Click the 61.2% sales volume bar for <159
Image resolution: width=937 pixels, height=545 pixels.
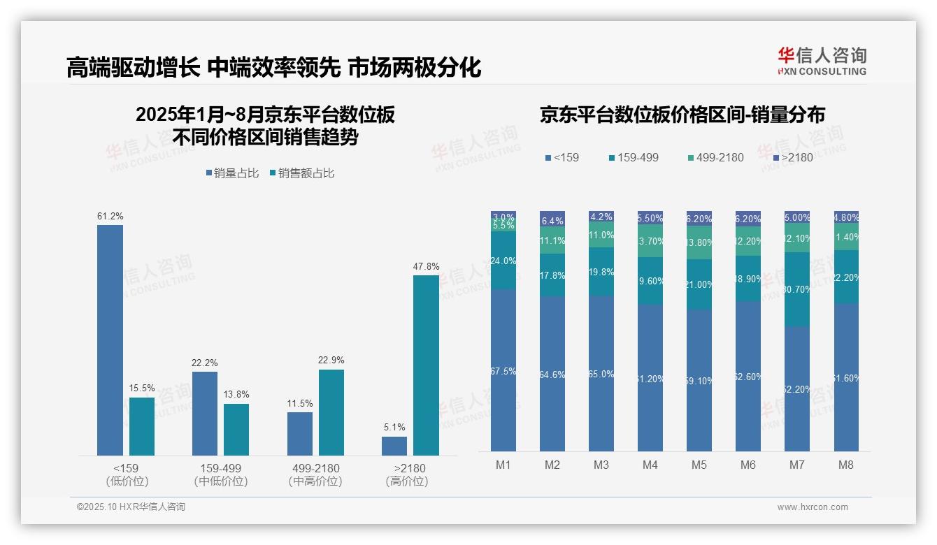pos(110,340)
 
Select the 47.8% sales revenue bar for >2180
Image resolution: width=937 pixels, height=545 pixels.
pos(426,365)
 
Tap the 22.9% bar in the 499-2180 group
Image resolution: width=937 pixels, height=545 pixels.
pos(331,412)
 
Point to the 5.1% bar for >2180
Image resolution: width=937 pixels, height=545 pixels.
pos(394,446)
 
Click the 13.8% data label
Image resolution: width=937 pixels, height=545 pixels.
pos(236,395)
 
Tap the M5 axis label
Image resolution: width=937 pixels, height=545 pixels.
pos(699,465)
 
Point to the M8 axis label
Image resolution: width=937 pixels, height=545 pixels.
pos(845,465)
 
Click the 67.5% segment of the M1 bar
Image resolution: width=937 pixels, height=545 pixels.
pos(503,370)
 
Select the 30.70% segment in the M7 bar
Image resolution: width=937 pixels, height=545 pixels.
pos(797,289)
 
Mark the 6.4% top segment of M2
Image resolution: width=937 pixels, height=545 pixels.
pos(552,219)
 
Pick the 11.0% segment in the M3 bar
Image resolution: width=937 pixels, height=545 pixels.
pos(601,235)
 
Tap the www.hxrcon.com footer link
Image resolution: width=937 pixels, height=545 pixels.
pos(813,507)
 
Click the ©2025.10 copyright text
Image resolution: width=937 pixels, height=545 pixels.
pos(131,507)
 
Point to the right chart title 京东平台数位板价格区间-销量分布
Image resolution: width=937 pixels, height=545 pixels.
pos(682,115)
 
